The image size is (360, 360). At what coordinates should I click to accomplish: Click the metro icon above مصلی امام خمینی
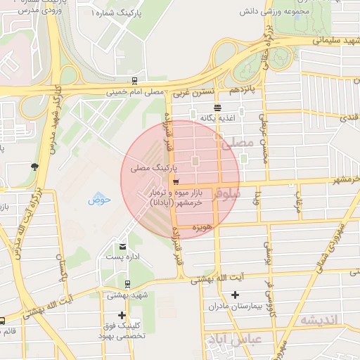click(x=134, y=81)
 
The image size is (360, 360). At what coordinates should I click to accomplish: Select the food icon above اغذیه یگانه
click(x=217, y=108)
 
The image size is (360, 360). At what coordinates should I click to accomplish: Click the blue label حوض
click(x=99, y=200)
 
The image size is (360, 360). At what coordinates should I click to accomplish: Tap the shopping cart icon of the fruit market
click(x=165, y=181)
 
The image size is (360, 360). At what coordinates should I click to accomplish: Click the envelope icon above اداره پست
click(x=122, y=247)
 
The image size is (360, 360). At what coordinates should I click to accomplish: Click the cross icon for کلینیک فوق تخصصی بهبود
click(x=122, y=315)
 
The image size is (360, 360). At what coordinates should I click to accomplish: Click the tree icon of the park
click(x=34, y=166)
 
